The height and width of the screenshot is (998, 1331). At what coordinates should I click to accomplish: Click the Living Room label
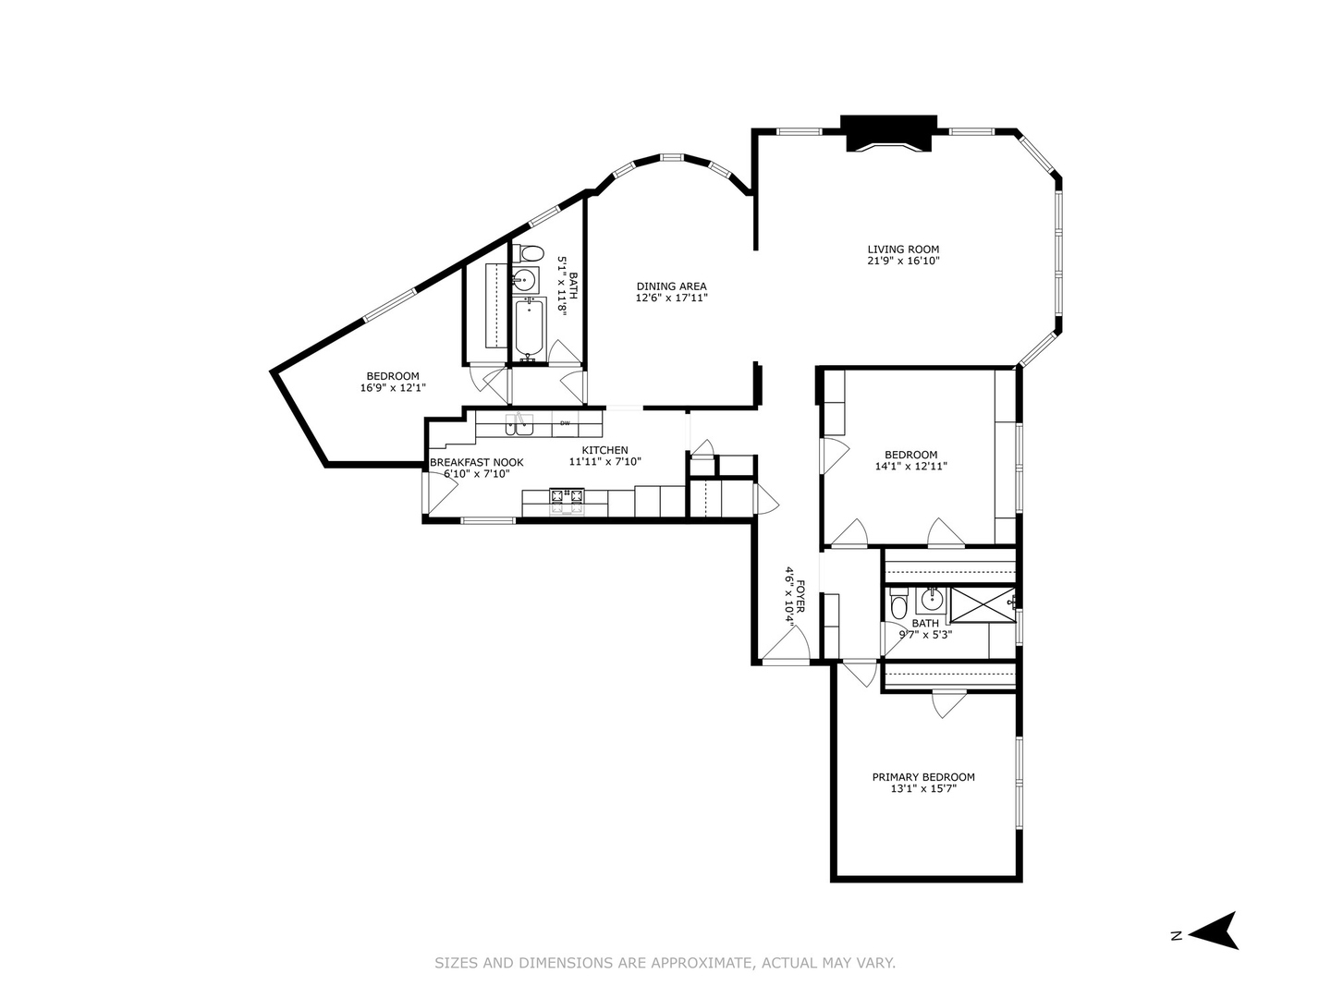903,249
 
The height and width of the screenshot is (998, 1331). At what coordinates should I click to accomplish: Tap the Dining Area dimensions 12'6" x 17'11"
671,298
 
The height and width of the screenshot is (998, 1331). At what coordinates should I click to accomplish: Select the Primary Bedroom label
923,777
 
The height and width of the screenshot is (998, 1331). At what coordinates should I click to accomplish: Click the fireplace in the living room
888,133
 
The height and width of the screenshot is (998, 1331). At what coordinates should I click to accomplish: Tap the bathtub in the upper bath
530,329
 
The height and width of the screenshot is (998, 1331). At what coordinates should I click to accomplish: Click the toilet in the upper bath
531,253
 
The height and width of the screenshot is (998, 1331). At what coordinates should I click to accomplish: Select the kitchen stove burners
568,500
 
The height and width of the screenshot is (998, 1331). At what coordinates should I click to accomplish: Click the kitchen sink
519,424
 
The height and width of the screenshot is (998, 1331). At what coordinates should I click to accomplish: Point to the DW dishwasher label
564,423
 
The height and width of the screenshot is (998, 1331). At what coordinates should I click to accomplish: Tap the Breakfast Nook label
476,462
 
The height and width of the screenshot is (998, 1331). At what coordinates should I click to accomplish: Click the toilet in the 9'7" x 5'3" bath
898,606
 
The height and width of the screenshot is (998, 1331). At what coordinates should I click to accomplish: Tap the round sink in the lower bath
931,601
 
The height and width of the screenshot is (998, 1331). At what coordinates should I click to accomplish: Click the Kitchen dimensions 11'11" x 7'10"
604,462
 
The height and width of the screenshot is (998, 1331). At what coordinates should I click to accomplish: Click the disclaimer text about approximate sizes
665,963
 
